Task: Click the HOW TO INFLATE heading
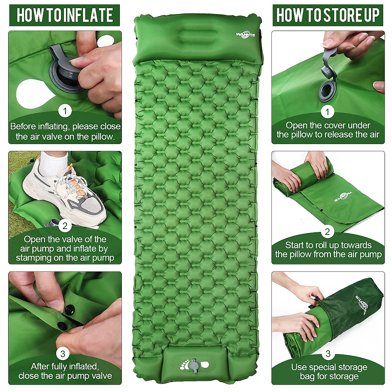[65, 15]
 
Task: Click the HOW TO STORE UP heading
[328, 15]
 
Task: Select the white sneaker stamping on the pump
[65, 193]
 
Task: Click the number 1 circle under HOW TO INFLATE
[65, 111]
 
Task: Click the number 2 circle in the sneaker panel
[65, 226]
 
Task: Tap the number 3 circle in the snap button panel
[63, 353]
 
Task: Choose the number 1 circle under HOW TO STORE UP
[327, 112]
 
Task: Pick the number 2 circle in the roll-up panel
[327, 232]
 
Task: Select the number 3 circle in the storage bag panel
[328, 353]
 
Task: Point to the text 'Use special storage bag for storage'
[329, 372]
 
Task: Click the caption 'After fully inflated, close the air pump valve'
[65, 371]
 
